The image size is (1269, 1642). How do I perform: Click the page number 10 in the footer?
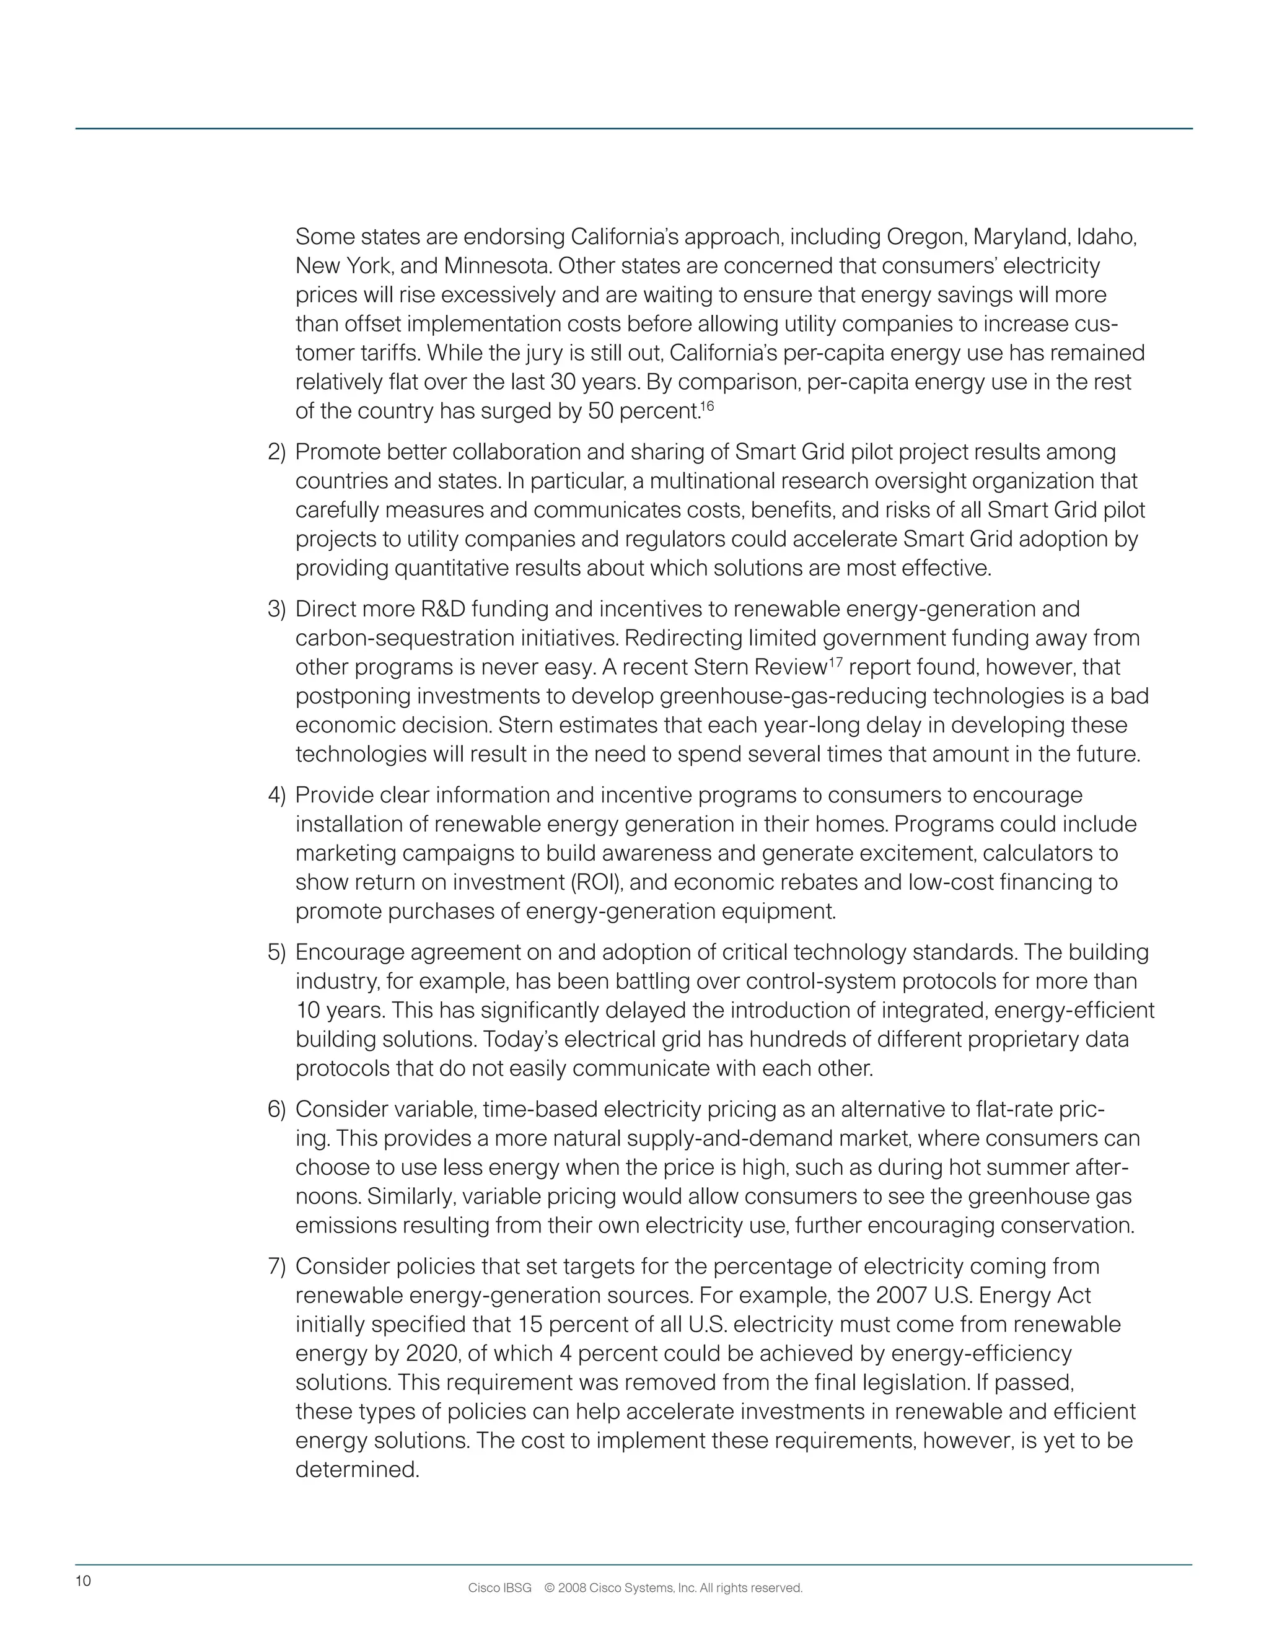click(82, 1581)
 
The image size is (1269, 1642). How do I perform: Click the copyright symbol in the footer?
click(549, 1589)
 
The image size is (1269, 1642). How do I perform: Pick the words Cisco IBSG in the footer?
click(499, 1589)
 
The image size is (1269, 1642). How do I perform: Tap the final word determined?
click(357, 1470)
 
